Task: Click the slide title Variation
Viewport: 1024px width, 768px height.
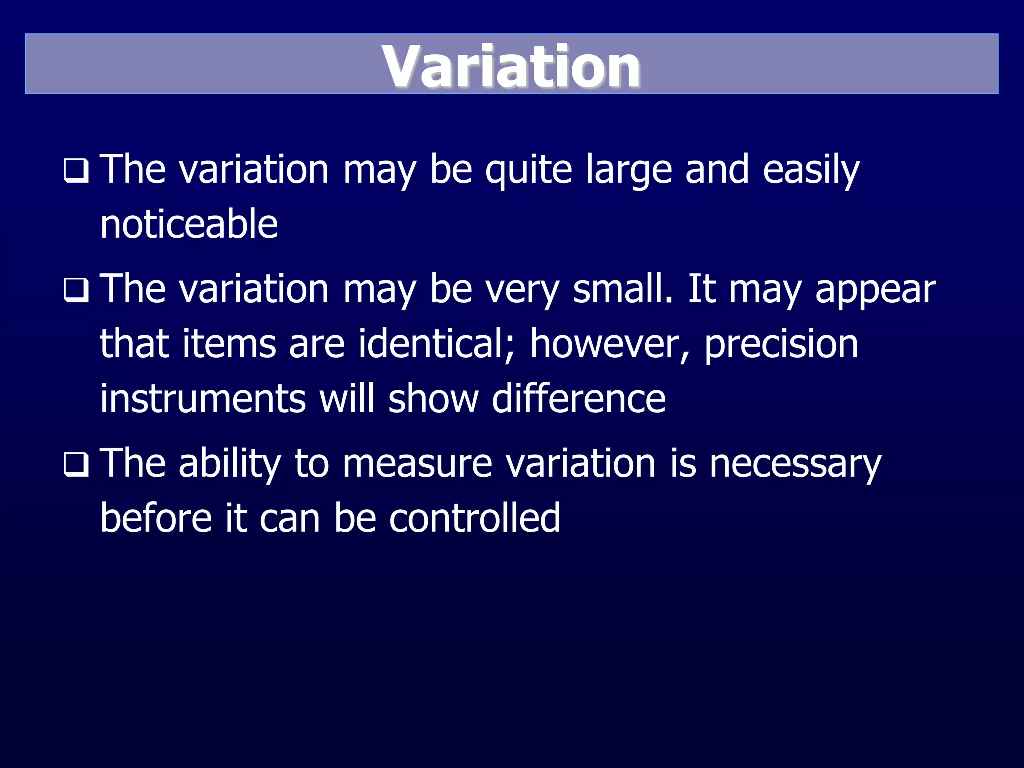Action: [511, 66]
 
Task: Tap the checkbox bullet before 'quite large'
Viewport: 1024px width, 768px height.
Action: [76, 171]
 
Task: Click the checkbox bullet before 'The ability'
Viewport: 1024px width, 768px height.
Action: [76, 465]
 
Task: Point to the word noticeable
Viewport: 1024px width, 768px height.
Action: [189, 224]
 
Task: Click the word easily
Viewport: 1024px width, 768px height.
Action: [811, 170]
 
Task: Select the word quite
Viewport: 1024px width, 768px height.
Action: [528, 170]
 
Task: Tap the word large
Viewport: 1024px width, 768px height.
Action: [628, 170]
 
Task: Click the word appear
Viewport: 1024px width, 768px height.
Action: [875, 290]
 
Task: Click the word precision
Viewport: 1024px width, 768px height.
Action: [781, 345]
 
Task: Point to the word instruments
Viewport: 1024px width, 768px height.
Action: [203, 399]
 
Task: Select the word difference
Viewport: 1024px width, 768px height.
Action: [578, 399]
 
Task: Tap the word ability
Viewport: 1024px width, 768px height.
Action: [230, 464]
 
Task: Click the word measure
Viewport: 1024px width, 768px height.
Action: [417, 464]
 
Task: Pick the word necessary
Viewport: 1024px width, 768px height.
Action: [795, 464]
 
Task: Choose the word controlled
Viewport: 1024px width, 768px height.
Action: [474, 518]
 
